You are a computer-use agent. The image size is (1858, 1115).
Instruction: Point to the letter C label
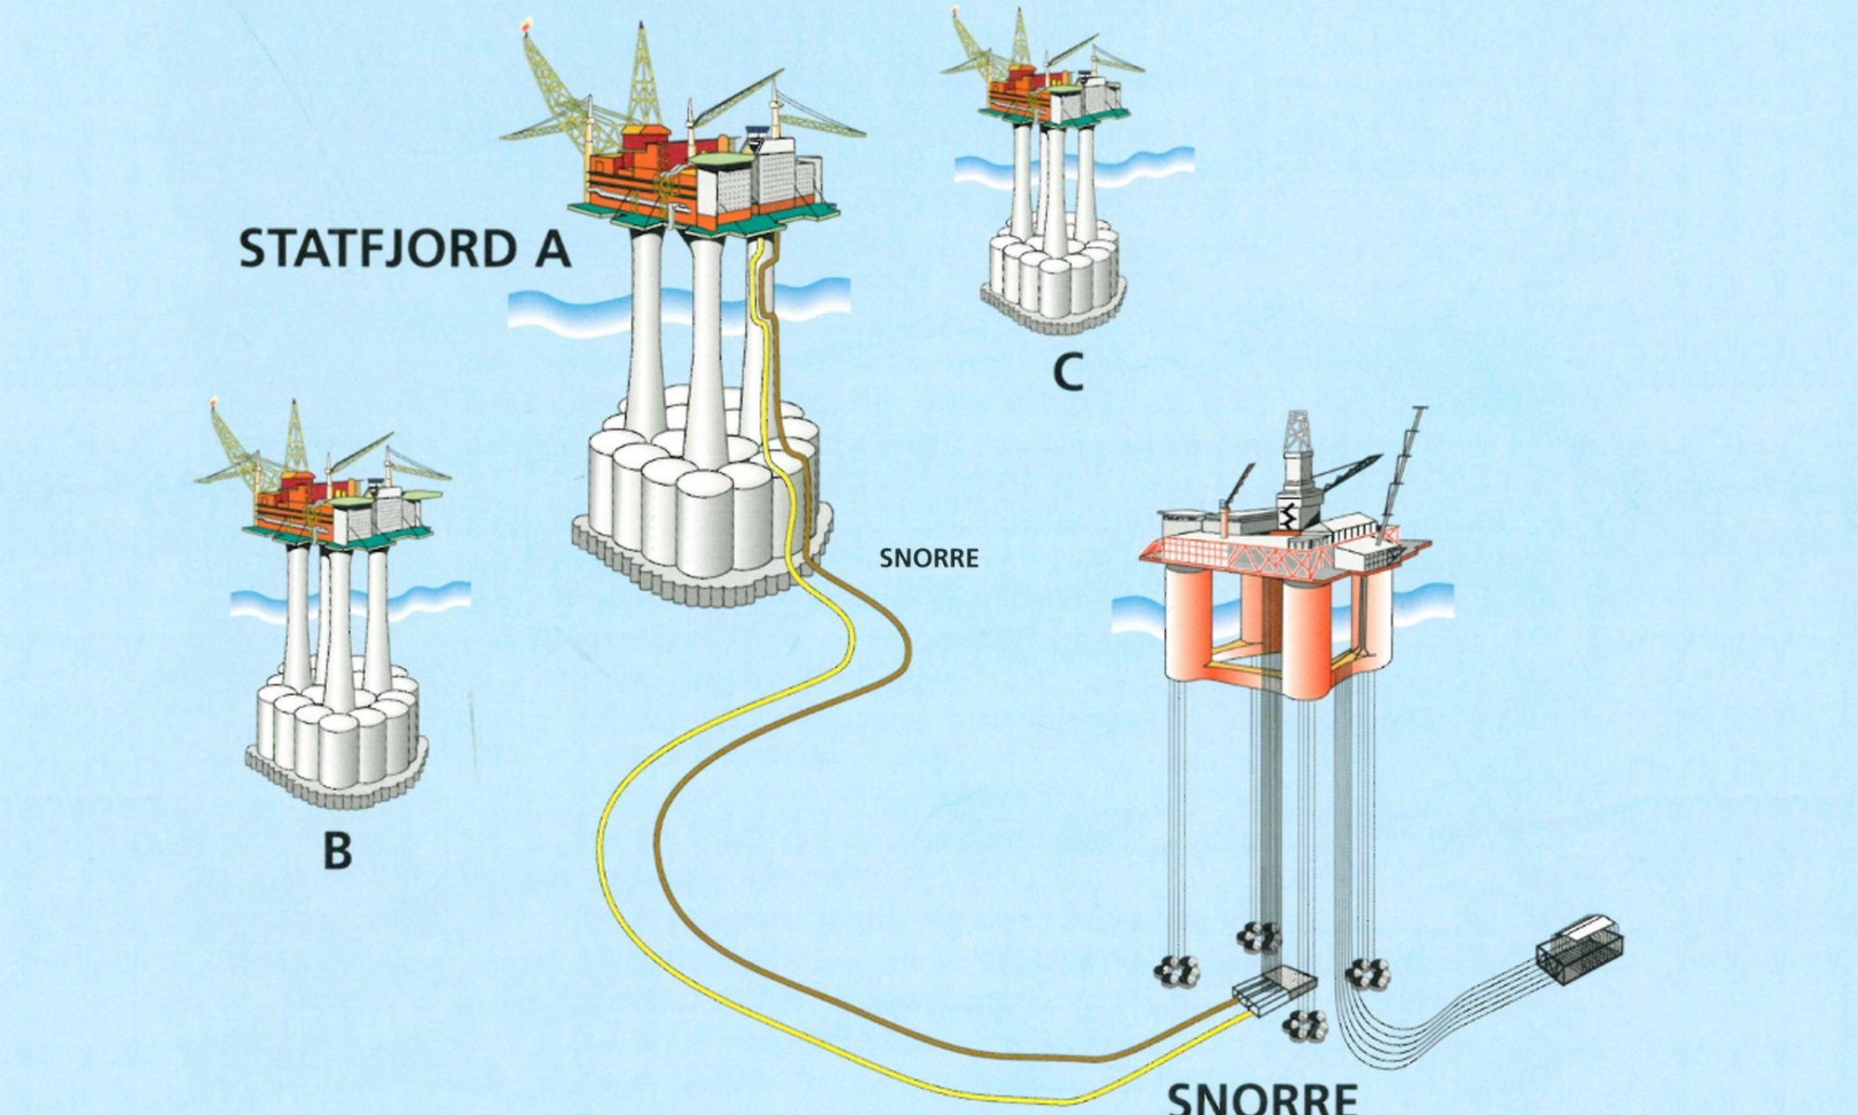pyautogui.click(x=1068, y=373)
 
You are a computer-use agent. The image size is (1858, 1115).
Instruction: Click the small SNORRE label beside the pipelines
pyautogui.click(x=929, y=558)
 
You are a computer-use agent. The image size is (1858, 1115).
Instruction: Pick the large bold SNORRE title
pyautogui.click(x=1262, y=1098)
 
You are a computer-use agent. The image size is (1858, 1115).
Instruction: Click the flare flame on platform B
pyautogui.click(x=215, y=403)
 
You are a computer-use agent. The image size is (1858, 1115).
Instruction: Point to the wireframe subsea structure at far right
pyautogui.click(x=1579, y=947)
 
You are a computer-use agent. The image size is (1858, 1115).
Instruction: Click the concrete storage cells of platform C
pyautogui.click(x=1053, y=274)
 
